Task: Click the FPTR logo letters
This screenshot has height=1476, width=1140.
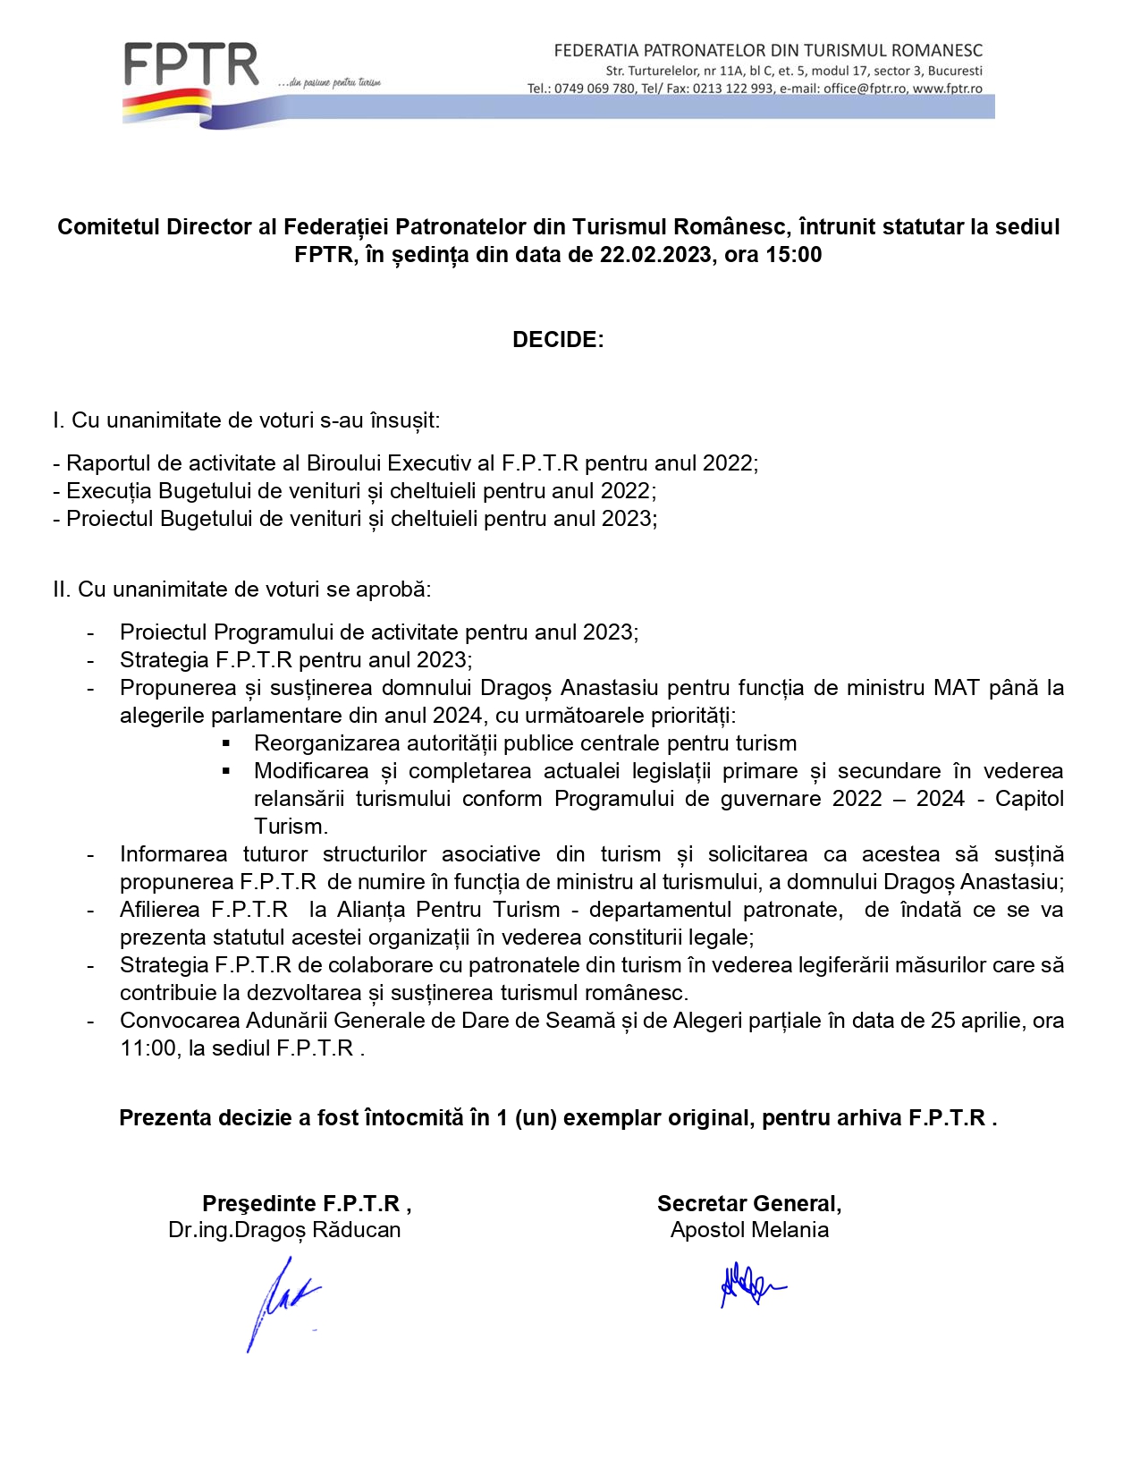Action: coord(191,64)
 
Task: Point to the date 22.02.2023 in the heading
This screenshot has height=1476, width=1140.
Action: coord(655,255)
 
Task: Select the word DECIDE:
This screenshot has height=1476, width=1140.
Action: coord(558,340)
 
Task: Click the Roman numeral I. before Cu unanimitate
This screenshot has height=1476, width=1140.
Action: coord(58,420)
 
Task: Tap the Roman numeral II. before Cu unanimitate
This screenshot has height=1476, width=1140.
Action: coord(62,590)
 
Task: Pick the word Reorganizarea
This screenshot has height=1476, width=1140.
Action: coord(327,743)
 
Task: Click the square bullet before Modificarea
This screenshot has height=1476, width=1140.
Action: coord(227,771)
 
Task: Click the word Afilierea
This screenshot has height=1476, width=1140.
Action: coord(160,910)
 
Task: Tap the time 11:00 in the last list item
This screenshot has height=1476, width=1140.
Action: coord(148,1048)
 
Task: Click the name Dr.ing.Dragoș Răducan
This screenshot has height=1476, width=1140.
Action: coord(284,1230)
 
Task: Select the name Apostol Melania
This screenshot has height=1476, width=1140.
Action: coord(749,1230)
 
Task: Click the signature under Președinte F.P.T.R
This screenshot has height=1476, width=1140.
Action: coord(280,1302)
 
